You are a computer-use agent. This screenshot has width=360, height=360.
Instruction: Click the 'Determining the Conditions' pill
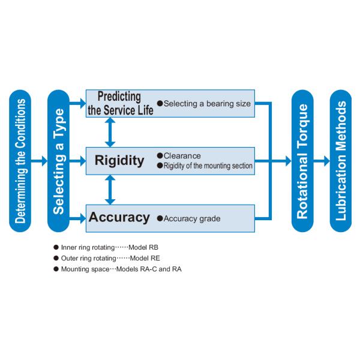[x=21, y=161]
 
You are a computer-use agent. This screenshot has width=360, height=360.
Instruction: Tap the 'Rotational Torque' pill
[x=302, y=161]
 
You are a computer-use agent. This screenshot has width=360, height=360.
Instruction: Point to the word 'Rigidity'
[x=119, y=161]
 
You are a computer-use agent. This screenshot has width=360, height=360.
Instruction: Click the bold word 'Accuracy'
[x=119, y=217]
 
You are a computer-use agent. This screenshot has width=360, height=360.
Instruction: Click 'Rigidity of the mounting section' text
[x=208, y=166]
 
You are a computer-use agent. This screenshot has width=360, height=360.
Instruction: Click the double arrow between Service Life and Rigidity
[x=110, y=133]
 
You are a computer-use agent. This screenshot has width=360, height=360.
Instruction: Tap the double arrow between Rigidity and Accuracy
[x=110, y=190]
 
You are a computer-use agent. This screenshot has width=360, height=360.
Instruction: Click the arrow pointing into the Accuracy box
[x=79, y=217]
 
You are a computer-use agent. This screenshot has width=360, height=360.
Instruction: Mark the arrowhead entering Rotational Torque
[x=286, y=161]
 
